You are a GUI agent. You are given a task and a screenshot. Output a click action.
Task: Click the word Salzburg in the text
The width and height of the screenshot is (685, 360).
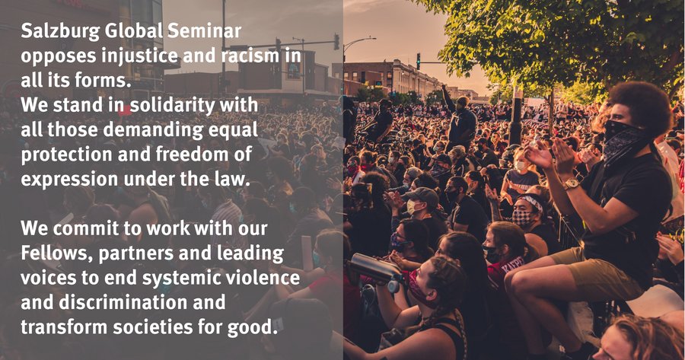pos(60,31)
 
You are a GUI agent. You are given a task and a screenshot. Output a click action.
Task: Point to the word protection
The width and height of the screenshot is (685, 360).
pos(64,155)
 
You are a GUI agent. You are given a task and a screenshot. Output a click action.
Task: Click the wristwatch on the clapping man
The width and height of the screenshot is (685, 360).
pos(571,183)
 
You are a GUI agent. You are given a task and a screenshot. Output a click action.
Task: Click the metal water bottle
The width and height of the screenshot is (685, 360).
pos(375,269)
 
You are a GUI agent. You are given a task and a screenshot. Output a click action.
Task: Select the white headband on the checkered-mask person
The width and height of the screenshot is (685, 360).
pos(532,202)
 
